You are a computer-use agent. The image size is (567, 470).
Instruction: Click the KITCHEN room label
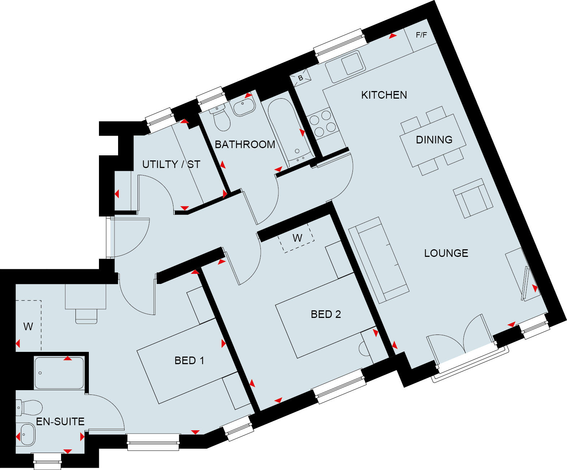[384, 95]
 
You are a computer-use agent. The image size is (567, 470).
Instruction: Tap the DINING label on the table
[434, 140]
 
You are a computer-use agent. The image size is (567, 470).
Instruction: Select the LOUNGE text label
[446, 253]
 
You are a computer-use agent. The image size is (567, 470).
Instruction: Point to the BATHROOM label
[245, 145]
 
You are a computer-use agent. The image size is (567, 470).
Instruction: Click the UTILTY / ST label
[171, 164]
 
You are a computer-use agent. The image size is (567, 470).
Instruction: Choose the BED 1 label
[189, 361]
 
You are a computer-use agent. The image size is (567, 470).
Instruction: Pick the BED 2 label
[326, 314]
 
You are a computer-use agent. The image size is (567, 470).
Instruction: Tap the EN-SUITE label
[60, 422]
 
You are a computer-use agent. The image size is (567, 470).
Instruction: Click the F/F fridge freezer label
[421, 35]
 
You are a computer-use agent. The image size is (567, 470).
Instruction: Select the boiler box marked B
[300, 78]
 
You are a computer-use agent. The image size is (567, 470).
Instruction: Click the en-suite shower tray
[60, 373]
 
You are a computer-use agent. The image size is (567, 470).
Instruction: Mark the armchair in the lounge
[473, 198]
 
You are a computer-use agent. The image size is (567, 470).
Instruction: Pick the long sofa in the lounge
[378, 260]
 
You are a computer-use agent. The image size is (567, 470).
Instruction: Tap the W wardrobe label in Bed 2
[297, 238]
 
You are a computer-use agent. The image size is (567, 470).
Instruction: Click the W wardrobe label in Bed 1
[28, 327]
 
